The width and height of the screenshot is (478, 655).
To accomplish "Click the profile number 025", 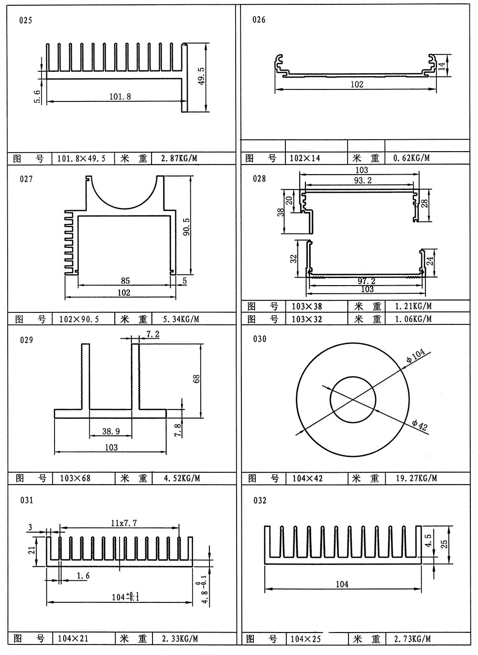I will pos(26,21).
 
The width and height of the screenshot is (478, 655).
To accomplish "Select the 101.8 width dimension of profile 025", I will pos(120,96).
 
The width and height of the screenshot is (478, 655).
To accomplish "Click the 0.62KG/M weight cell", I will pos(411,158).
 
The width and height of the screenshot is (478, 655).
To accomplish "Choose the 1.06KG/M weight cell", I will pos(413,319).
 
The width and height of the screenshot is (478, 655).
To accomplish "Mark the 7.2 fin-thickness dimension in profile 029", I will pos(153,334).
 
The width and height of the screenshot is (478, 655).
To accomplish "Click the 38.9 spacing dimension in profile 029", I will pos(111,432).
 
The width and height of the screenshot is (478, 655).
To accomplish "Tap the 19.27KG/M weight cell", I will pos(416,478).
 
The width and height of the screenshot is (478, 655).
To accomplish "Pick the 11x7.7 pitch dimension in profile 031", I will pos(124,523).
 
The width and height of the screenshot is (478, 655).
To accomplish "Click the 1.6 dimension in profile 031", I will pos(83,576).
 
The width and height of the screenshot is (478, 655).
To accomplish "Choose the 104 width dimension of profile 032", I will pos(342,584).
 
